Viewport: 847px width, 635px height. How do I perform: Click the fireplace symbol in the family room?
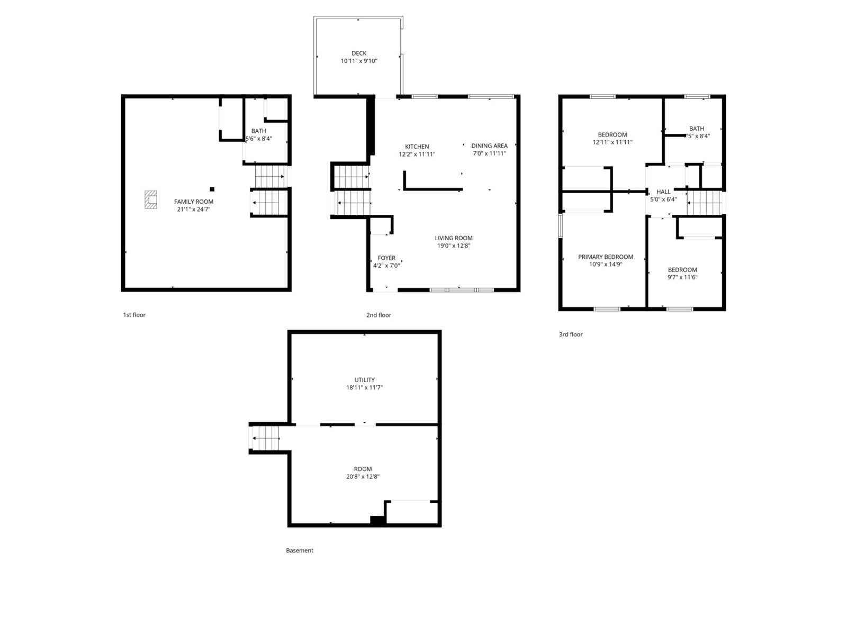[x=150, y=199]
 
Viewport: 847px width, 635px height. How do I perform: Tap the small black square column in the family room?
[x=212, y=189]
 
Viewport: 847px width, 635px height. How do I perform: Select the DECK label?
[x=359, y=53]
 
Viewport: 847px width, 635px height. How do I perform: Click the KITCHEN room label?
[x=417, y=147]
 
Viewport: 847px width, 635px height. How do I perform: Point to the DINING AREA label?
[x=489, y=146]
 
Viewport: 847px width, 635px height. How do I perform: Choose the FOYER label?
[x=386, y=258]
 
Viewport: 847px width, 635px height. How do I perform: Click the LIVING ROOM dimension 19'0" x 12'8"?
[x=453, y=246]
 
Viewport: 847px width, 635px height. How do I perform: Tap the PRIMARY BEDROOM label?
[x=606, y=257]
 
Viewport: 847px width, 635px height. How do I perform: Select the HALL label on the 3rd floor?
[x=663, y=192]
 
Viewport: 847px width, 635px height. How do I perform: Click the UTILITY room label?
[x=364, y=380]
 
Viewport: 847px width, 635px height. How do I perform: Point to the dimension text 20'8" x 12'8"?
[x=363, y=477]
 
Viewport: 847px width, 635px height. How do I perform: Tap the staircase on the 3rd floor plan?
[x=704, y=203]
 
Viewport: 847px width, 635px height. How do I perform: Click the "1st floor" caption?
[x=134, y=315]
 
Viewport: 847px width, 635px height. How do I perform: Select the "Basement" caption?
[x=300, y=550]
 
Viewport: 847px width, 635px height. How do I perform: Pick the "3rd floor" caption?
[x=571, y=334]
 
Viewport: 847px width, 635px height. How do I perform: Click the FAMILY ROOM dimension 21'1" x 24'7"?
[x=194, y=210]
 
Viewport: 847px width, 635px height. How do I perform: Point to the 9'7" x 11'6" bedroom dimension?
[x=682, y=277]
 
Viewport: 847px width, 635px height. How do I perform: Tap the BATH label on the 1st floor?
[x=258, y=131]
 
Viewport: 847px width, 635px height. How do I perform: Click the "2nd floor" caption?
[x=379, y=315]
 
